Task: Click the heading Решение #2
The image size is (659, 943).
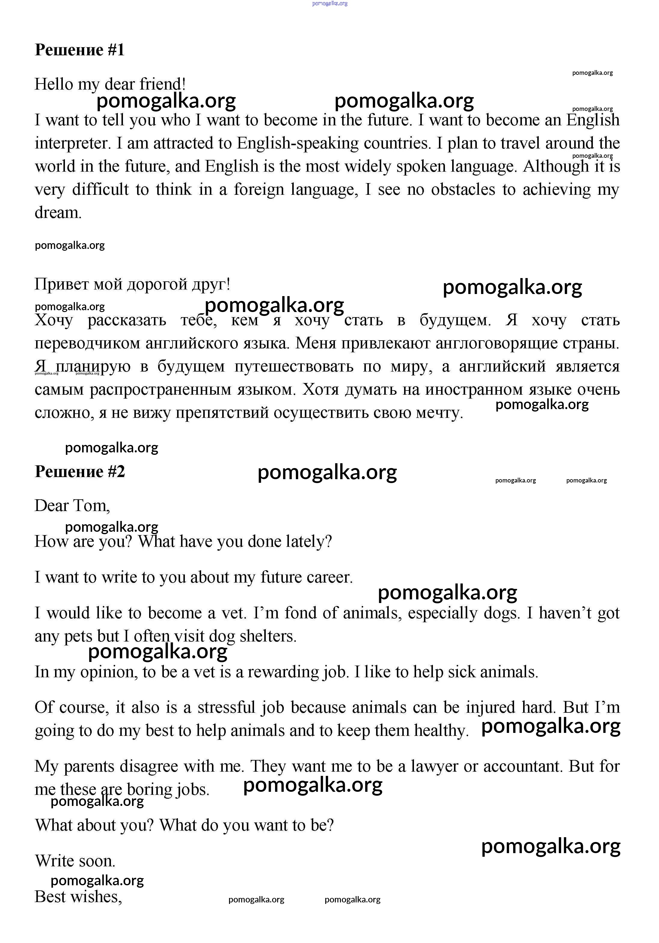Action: pyautogui.click(x=79, y=471)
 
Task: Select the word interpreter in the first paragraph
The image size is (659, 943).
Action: pyautogui.click(x=73, y=143)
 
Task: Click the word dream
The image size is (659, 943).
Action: pyautogui.click(x=58, y=213)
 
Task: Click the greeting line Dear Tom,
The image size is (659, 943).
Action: pyautogui.click(x=72, y=506)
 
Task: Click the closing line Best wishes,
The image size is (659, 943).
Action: pyautogui.click(x=78, y=897)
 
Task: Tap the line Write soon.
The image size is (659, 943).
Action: pyautogui.click(x=75, y=861)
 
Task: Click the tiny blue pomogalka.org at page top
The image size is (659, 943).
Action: pyautogui.click(x=329, y=3)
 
